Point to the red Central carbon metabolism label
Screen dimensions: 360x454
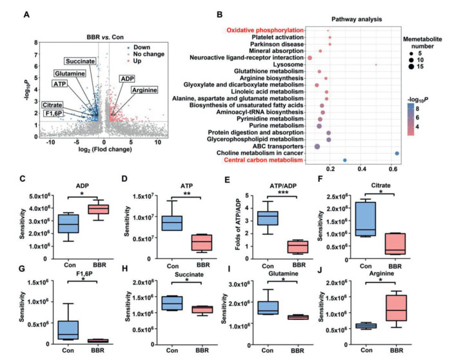[267, 160]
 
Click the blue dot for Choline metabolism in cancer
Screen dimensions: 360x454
[397, 153]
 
